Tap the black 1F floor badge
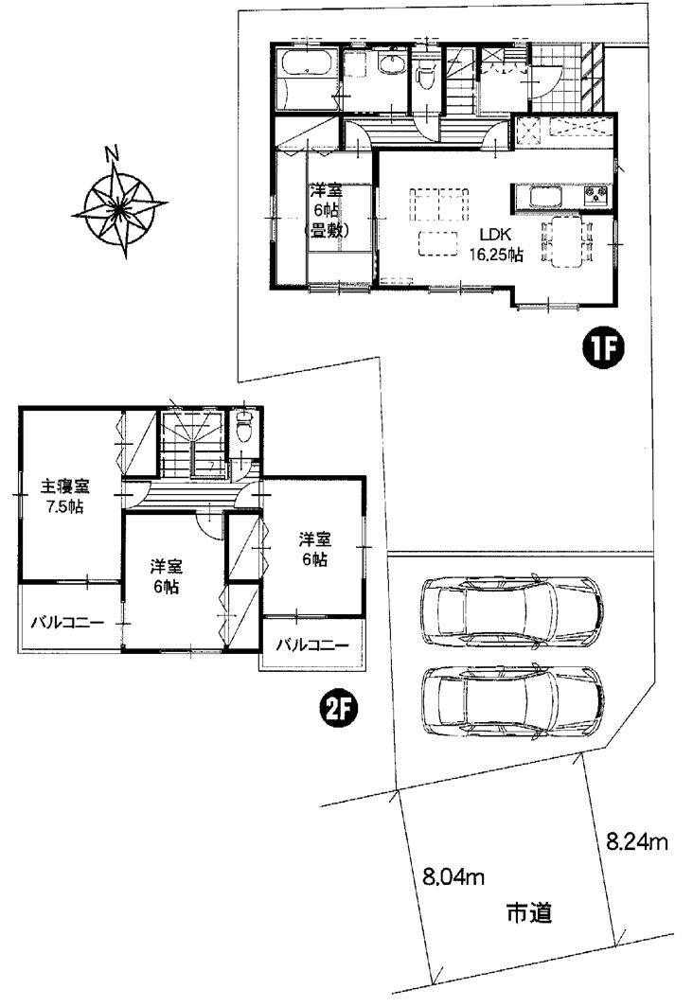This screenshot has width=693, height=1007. (603, 349)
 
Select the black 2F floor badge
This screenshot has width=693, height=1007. (339, 710)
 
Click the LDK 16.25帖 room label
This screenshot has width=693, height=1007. (494, 245)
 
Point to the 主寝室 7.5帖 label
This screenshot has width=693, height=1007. (65, 495)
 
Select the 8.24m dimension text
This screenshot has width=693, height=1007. (637, 842)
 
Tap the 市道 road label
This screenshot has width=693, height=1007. (529, 912)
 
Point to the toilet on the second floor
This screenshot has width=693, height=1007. (244, 425)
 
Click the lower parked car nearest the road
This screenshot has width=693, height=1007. (512, 700)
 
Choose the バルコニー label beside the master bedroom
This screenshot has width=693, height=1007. (68, 622)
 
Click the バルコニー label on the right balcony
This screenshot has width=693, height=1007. (312, 645)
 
